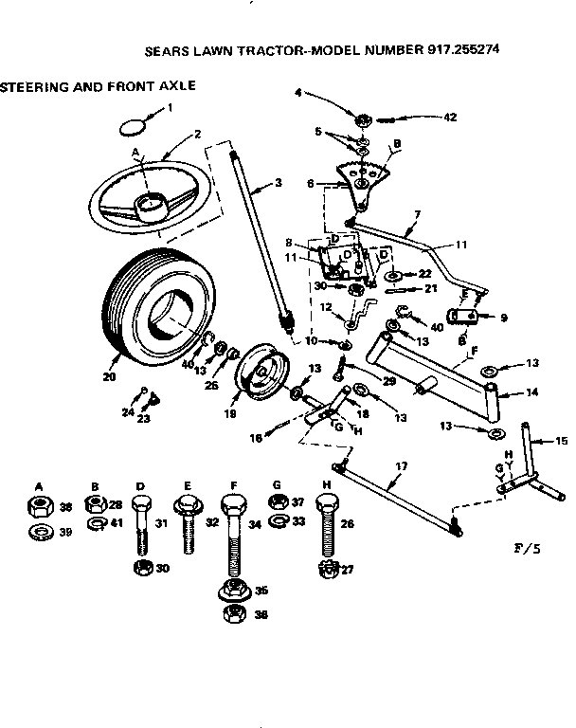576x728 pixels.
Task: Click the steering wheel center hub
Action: click(x=151, y=203)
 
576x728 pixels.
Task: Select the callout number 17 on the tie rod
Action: click(x=401, y=466)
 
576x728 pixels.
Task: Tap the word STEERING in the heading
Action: click(x=37, y=85)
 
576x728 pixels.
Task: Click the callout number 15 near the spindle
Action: click(x=561, y=441)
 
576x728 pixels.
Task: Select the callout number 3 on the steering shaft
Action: click(x=278, y=183)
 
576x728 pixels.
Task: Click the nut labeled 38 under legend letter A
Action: click(x=40, y=507)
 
